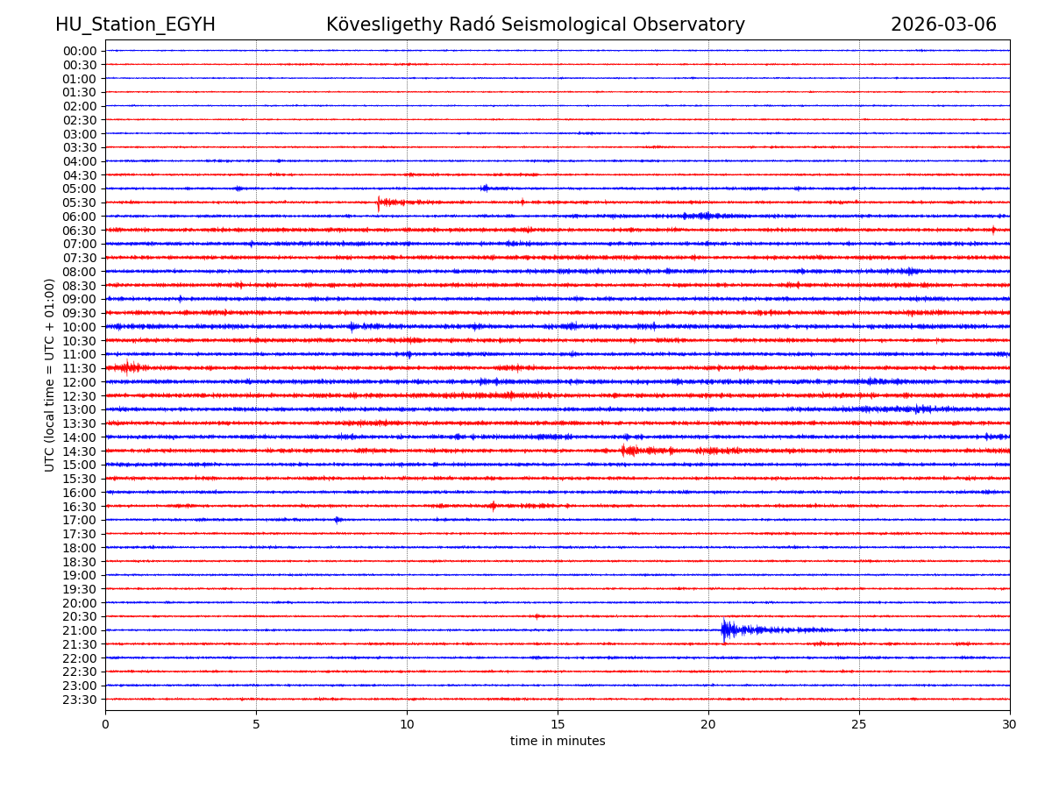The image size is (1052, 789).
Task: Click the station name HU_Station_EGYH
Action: (135, 25)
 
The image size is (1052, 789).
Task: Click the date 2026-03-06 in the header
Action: (943, 25)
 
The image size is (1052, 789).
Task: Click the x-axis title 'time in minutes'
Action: (558, 742)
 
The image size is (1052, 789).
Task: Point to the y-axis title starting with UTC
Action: (50, 374)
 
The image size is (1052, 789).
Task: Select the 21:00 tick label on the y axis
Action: (79, 630)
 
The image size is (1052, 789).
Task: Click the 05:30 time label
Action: (79, 203)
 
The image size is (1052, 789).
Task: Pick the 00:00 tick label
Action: (79, 51)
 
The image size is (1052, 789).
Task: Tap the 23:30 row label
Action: (79, 700)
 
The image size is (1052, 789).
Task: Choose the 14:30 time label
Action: (79, 451)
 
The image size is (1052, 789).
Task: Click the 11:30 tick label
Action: (79, 368)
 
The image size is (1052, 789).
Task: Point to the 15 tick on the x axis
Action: (558, 724)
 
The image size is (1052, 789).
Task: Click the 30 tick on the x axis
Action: (1010, 724)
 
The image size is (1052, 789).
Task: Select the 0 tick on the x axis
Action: (105, 724)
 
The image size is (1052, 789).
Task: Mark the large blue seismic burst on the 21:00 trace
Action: (727, 629)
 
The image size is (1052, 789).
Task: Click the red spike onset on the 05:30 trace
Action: (379, 203)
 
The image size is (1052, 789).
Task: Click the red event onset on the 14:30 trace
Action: (623, 451)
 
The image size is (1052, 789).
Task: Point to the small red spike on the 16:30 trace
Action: (493, 506)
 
